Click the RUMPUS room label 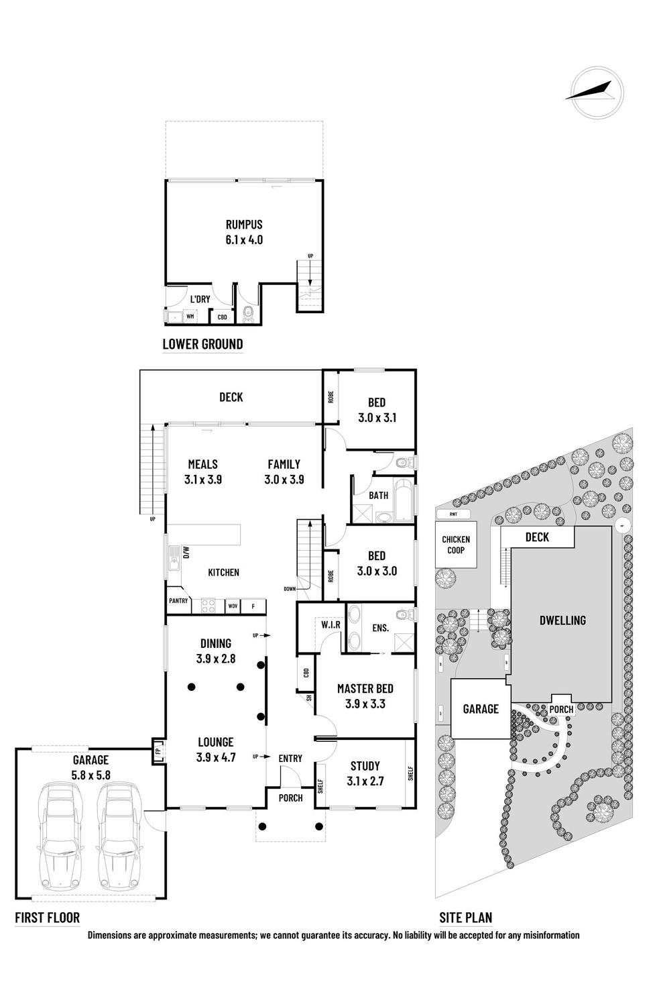pos(244,225)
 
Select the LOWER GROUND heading pos(202,344)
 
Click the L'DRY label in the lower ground pos(200,299)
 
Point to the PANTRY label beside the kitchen pos(178,601)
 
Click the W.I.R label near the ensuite pos(331,625)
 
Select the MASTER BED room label pos(365,688)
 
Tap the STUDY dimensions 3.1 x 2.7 pos(365,781)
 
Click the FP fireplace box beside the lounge pos(159,751)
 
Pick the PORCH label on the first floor pos(290,798)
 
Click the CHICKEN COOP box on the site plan pos(456,545)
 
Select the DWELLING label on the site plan pos(562,620)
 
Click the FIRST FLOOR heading pos(47,918)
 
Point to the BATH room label pos(379,495)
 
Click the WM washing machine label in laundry pos(190,316)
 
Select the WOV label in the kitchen pos(233,606)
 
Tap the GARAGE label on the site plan pos(481,708)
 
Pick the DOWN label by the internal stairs pos(290,588)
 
